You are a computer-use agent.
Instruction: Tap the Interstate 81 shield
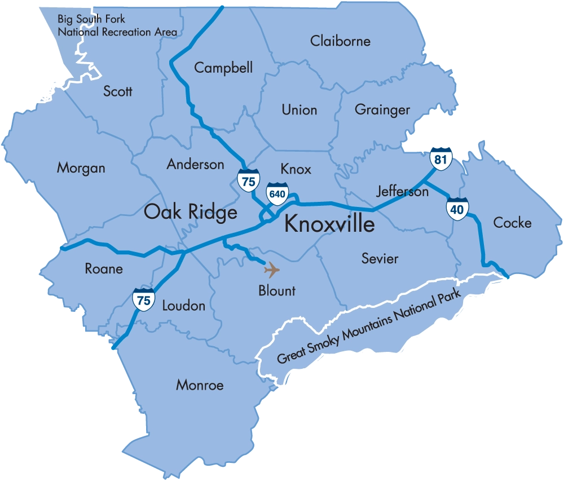[440, 158]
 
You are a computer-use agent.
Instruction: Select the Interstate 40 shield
[457, 209]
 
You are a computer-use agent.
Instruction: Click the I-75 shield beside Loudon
[144, 299]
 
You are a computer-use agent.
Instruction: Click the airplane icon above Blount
[272, 270]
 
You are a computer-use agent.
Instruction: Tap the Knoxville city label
[329, 224]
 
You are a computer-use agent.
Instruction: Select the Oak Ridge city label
[191, 213]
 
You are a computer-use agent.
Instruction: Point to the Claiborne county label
[340, 41]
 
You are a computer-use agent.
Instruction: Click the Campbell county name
[223, 68]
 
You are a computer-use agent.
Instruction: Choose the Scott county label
[118, 91]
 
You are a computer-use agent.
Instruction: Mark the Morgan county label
[81, 168]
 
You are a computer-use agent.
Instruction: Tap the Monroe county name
[200, 385]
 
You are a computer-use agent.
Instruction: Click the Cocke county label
[512, 223]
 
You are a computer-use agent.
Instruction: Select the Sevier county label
[380, 259]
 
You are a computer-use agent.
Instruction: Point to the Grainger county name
[382, 110]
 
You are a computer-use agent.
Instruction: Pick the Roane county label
[104, 268]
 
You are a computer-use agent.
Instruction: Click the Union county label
[299, 110]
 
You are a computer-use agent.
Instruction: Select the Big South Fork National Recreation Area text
[117, 26]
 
